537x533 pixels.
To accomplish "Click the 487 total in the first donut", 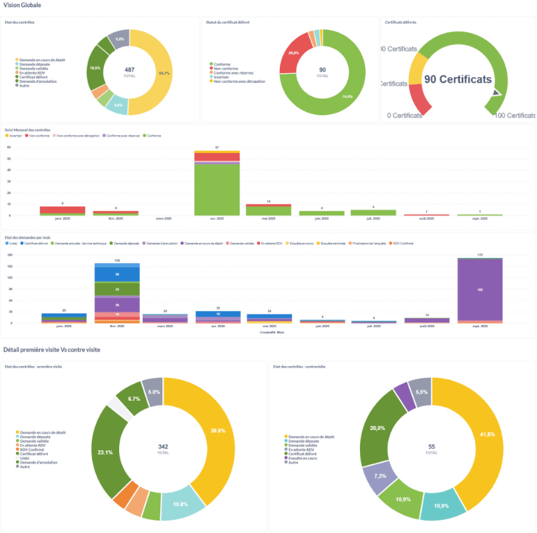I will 130,70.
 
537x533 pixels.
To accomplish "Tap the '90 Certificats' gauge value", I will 458,80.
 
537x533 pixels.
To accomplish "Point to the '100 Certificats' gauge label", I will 515,115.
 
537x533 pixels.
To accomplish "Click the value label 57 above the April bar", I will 217,148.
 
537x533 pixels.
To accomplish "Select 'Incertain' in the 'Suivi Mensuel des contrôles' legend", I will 14,136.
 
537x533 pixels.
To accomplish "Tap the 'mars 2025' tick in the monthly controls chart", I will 165,219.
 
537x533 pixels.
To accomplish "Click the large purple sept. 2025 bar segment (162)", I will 480,289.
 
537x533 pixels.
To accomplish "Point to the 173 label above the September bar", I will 480,255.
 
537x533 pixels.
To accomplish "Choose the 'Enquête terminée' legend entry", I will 332,243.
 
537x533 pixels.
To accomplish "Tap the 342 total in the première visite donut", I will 163,447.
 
